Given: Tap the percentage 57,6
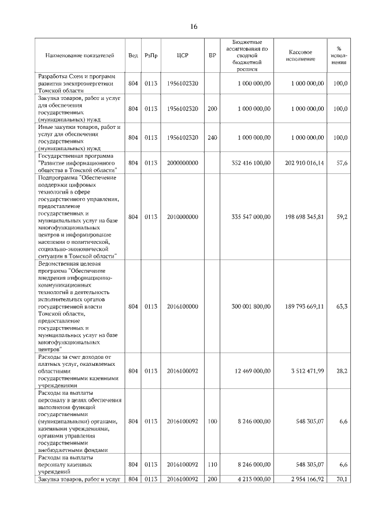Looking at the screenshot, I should coord(341,164).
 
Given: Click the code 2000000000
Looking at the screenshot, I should coord(182,164).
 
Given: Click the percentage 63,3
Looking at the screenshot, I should coord(341,306).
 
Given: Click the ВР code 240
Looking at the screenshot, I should coord(212,138).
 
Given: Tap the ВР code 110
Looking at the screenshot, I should coord(212,464).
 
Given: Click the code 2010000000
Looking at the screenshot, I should coord(182,217).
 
